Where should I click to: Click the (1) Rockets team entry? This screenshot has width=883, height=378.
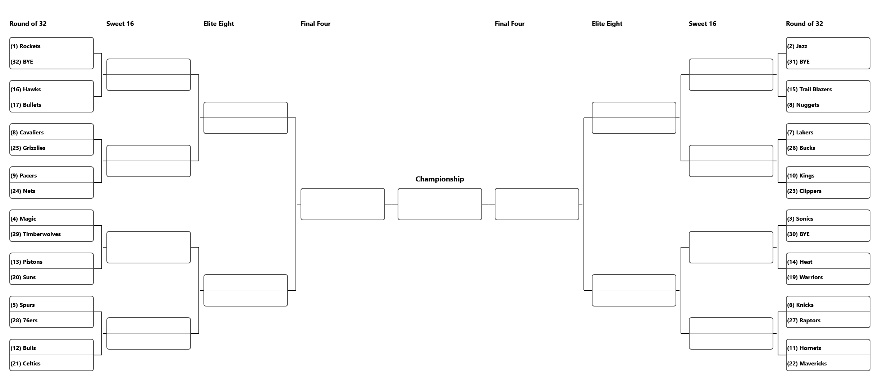[51, 46]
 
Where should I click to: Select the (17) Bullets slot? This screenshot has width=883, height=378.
[51, 104]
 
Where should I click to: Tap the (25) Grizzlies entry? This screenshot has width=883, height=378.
[51, 147]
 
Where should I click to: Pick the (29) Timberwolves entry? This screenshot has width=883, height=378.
[51, 234]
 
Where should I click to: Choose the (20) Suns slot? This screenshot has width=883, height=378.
[51, 277]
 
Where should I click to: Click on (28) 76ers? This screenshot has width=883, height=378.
[51, 320]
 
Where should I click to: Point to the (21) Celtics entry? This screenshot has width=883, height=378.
[51, 363]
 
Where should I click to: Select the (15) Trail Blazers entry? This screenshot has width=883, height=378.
[828, 89]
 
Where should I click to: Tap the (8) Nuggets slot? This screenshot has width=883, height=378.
[828, 104]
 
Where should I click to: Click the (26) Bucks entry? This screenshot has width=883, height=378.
[828, 147]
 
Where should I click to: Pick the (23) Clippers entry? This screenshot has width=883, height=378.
[828, 190]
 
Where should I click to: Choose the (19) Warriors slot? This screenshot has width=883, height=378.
[828, 277]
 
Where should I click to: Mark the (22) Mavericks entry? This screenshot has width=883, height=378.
[828, 363]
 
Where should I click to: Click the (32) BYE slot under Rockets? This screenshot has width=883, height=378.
[51, 61]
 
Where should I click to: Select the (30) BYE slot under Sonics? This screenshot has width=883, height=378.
[828, 234]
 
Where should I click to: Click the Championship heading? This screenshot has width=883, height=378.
[440, 179]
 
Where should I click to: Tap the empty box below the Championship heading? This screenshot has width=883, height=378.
[440, 204]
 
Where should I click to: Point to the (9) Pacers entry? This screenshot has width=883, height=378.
[51, 175]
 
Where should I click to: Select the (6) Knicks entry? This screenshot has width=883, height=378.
[828, 304]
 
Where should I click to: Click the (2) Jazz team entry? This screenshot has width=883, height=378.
[828, 46]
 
